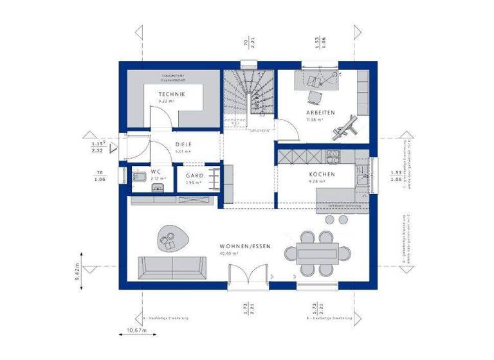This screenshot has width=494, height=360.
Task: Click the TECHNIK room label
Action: pyautogui.click(x=172, y=94)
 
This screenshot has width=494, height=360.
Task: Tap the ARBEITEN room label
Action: pyautogui.click(x=320, y=113)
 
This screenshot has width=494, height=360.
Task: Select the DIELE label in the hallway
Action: pyautogui.click(x=185, y=145)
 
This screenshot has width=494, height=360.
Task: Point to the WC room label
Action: pyautogui.click(x=156, y=172)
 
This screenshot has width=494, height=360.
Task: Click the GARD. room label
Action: pyautogui.click(x=195, y=175)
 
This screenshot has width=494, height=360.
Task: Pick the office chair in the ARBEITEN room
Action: pyautogui.click(x=314, y=95)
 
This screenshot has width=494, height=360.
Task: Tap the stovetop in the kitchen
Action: pyautogui.click(x=333, y=154)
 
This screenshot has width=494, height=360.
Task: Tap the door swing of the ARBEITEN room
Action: pyautogui.click(x=288, y=132)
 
